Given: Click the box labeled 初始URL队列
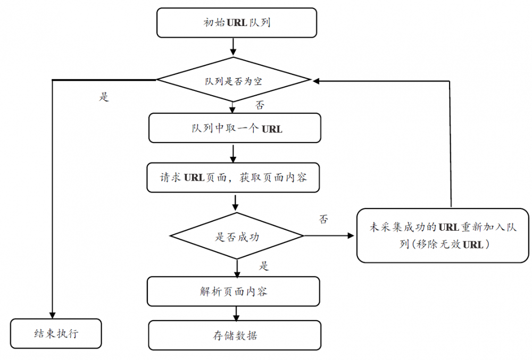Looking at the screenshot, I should point(237,23).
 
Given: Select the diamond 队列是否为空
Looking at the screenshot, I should point(233,81).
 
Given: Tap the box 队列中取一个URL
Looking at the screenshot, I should point(235,128).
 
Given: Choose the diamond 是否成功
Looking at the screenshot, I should point(237,236).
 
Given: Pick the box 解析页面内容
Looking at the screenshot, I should point(234,291).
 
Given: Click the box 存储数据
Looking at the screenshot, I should point(235,336).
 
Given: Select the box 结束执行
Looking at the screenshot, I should point(56,333).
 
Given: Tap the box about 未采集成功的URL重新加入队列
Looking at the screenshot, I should point(443,236).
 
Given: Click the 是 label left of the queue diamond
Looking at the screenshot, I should point(104,98).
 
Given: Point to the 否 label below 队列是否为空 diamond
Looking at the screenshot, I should point(260,106).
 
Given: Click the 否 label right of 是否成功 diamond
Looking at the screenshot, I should point(323,219).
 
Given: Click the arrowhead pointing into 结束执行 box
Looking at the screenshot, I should point(52,314).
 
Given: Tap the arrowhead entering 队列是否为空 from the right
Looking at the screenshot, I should point(316,81).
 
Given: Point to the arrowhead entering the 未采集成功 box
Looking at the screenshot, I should point(352,236).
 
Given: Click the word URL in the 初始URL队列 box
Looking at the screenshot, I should point(237,23).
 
